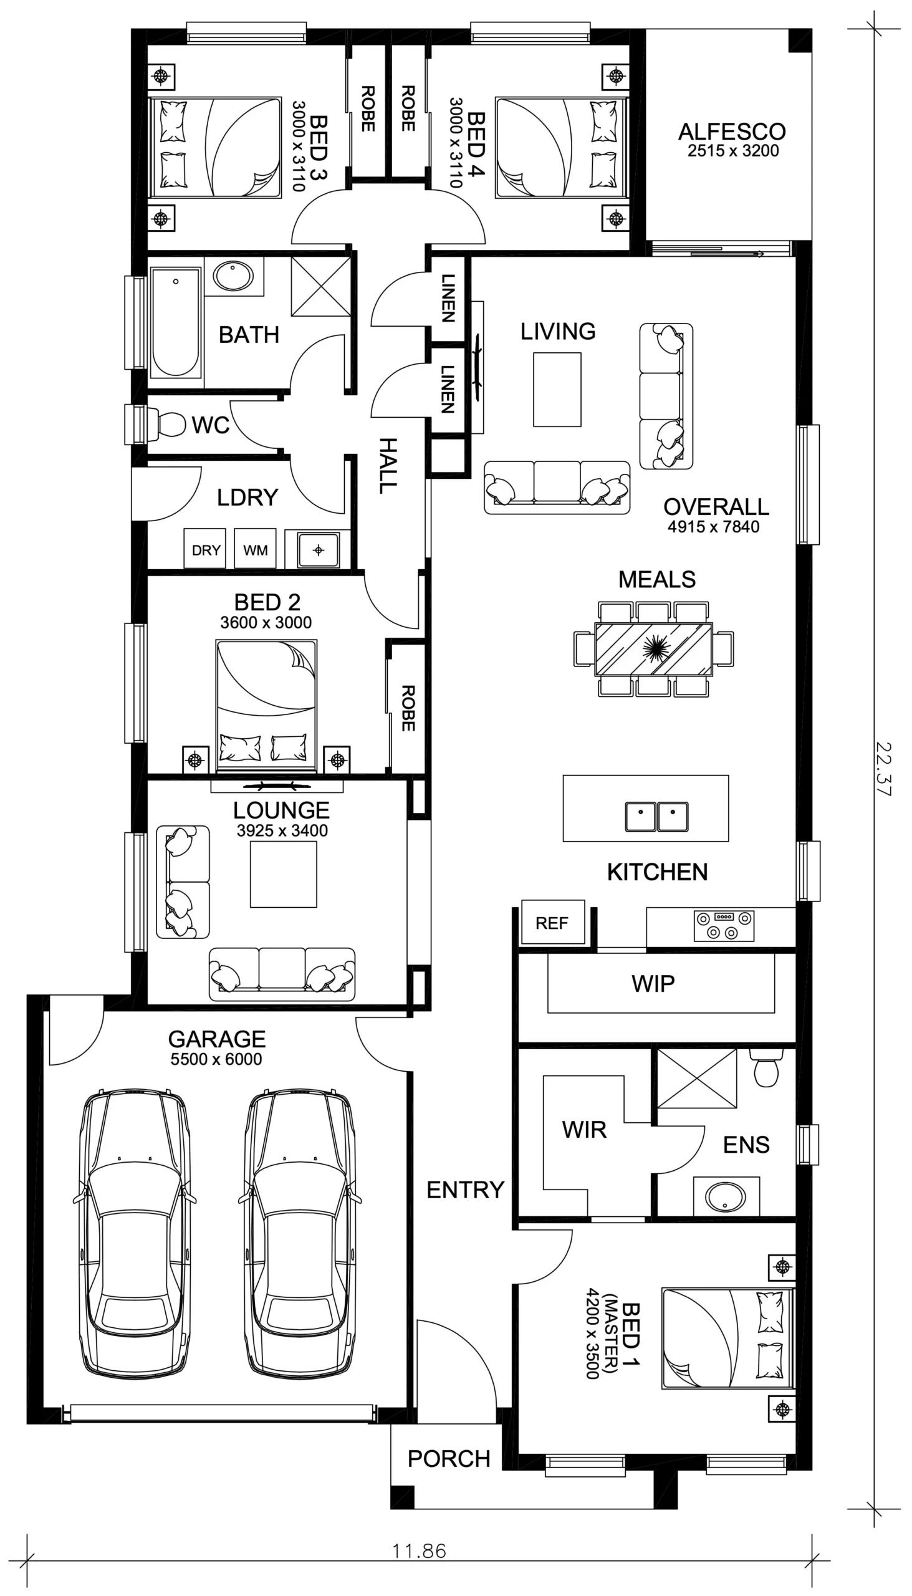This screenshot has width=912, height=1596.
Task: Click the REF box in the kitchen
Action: [552, 922]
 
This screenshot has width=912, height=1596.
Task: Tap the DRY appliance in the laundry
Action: [206, 549]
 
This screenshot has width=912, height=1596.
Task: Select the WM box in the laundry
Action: [255, 549]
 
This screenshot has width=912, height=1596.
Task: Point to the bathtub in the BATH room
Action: [175, 322]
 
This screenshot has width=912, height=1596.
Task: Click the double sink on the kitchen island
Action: [656, 815]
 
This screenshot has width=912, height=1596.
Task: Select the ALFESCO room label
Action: [732, 132]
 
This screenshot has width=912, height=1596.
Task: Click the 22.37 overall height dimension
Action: [883, 768]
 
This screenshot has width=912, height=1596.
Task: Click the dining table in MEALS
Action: [653, 649]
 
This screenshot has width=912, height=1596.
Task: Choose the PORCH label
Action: [448, 1459]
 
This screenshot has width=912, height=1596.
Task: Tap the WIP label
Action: [653, 983]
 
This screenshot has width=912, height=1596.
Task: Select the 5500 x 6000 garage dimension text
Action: [216, 1059]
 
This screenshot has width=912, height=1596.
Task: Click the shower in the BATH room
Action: [320, 286]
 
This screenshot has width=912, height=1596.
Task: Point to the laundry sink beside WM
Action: [318, 550]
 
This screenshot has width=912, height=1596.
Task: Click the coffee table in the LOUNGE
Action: [283, 875]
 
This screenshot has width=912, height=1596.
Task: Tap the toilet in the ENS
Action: [766, 1069]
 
